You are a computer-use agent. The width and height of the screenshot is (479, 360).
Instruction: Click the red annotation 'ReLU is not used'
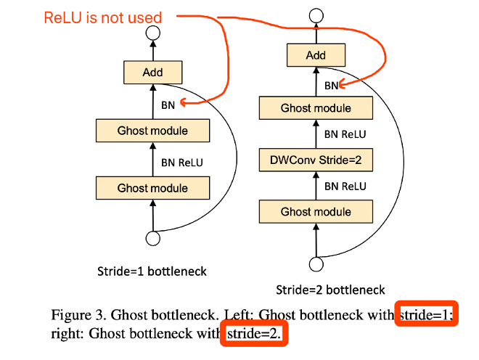102,17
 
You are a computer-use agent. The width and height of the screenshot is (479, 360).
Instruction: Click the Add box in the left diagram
152,72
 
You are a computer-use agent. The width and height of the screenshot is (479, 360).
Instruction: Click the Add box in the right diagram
316,55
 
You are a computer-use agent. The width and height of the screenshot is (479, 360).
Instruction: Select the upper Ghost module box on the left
152,131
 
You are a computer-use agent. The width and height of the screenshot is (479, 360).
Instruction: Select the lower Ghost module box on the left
152,188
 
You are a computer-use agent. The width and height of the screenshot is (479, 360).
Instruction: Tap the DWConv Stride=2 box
316,159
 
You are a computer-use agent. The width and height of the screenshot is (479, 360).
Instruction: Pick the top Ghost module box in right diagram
316,108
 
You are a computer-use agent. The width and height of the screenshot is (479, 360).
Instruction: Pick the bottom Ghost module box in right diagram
316,212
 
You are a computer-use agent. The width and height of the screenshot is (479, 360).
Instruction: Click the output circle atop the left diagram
152,32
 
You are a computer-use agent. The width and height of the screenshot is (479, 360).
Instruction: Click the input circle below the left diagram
152,237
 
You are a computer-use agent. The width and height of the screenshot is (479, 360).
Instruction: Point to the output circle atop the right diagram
316,15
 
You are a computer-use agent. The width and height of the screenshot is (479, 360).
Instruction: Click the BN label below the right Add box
331,85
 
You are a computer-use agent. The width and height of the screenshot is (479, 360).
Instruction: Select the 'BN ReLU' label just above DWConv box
345,134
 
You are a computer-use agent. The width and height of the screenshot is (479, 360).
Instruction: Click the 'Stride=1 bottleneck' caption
152,271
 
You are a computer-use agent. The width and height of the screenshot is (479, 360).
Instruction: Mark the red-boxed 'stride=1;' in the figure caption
427,314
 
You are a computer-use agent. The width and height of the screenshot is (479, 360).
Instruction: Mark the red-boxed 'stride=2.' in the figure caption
254,334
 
